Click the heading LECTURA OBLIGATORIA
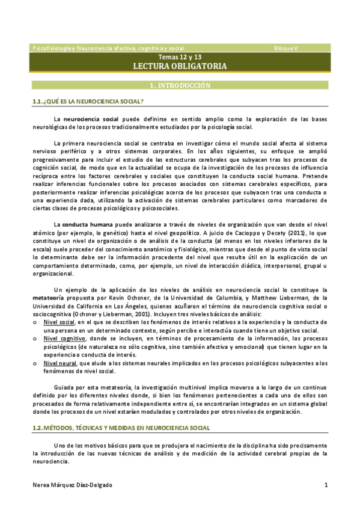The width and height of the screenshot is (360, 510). coord(180,66)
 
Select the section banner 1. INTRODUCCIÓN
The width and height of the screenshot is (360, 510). coord(180,85)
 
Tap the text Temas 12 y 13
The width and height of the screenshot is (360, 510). coord(180,57)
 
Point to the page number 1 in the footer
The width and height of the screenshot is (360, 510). coord(326,485)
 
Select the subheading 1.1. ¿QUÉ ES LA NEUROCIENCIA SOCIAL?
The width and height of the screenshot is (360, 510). coord(88,102)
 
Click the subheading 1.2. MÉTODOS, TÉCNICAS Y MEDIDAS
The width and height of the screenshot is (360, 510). coord(121,428)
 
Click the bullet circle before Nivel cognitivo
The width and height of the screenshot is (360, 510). coord(35,339)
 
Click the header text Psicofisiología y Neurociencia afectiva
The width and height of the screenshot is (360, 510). coord(108,48)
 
